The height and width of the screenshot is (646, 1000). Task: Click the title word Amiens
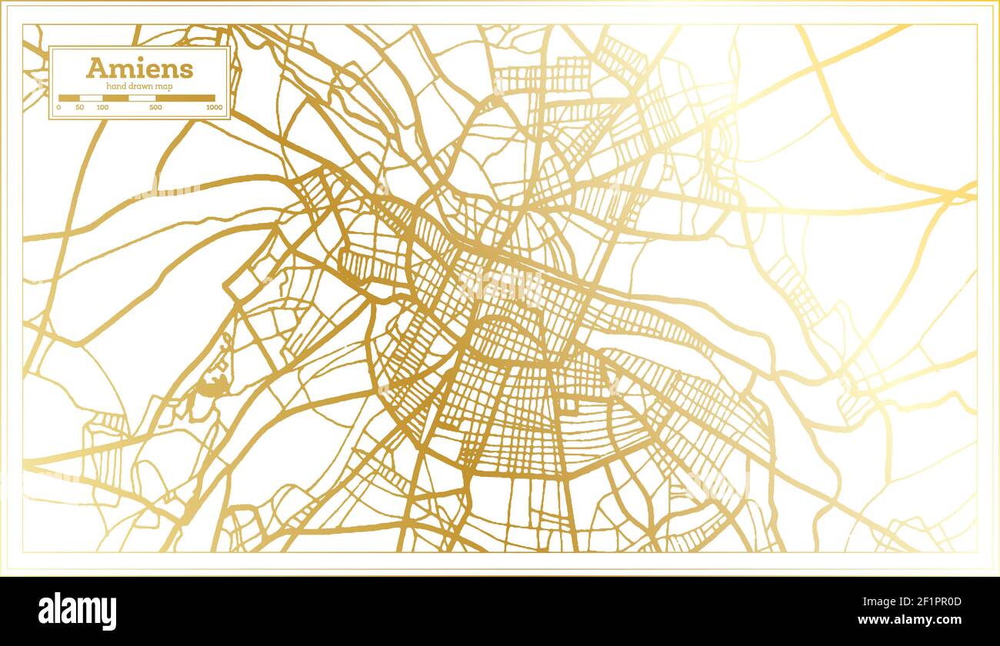click(139, 68)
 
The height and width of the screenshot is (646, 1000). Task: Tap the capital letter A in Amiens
click(95, 68)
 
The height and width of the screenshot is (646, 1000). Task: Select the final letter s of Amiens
click(187, 70)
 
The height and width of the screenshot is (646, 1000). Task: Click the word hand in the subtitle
click(115, 86)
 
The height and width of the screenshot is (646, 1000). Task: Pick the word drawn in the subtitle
click(142, 86)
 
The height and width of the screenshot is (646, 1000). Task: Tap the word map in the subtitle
click(164, 86)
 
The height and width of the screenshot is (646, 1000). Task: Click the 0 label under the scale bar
click(59, 108)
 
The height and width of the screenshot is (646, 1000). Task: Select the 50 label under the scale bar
click(80, 108)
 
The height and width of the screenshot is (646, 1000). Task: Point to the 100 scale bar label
click(102, 108)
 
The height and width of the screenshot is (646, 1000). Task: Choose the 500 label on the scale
click(156, 108)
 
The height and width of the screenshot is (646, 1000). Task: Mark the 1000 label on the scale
click(215, 108)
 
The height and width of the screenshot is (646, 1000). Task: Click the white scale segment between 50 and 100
click(92, 98)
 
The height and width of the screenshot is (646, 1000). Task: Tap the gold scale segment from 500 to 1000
click(185, 98)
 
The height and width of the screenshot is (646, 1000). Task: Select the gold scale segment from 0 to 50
click(69, 98)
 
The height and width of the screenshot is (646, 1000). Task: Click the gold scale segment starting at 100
click(116, 98)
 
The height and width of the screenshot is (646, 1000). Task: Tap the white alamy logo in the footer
click(78, 611)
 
